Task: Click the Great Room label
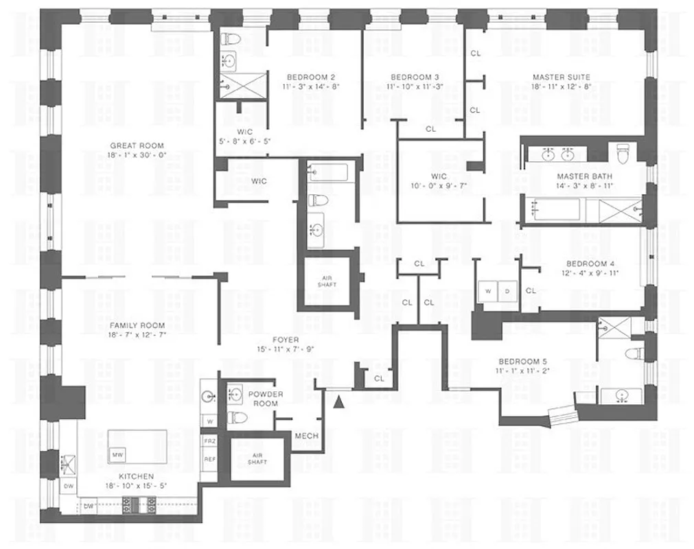[137, 145]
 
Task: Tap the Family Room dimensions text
[138, 335]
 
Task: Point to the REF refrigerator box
[209, 459]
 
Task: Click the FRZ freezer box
[209, 441]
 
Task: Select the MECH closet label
[305, 436]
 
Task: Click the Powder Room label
[266, 399]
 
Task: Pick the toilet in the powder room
[236, 417]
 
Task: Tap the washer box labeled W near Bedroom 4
[488, 290]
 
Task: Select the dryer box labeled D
[507, 290]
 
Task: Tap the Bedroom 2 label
[310, 77]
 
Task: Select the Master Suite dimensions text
[561, 87]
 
